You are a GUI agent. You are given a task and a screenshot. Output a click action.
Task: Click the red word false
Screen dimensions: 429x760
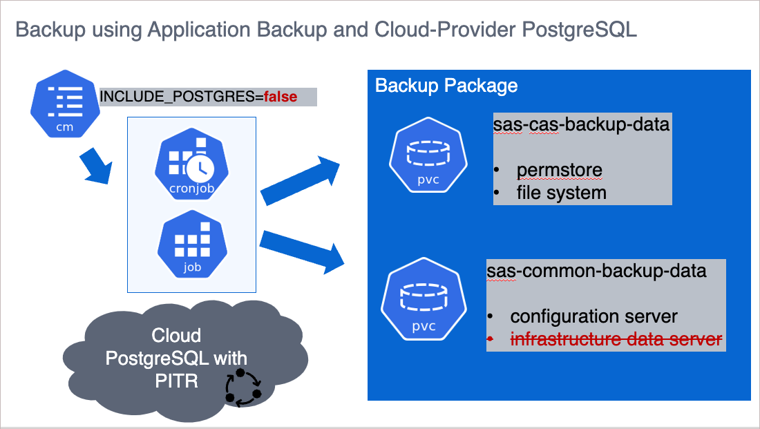click(x=281, y=97)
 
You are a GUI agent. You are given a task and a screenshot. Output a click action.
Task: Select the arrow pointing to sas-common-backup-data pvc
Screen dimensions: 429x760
click(x=303, y=250)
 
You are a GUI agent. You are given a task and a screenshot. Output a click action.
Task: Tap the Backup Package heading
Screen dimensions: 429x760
click(x=446, y=86)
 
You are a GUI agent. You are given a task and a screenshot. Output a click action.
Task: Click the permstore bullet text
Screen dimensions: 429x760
click(x=559, y=170)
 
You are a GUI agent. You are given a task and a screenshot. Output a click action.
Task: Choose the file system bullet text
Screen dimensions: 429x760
click(x=561, y=193)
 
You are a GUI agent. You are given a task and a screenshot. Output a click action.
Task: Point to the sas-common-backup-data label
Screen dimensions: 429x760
click(x=596, y=271)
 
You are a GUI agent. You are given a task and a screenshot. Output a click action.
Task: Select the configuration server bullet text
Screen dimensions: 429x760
click(x=593, y=316)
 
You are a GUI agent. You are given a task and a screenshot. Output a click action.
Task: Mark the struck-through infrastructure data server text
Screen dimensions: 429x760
click(x=616, y=339)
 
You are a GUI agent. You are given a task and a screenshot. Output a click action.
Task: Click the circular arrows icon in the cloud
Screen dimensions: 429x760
click(x=243, y=387)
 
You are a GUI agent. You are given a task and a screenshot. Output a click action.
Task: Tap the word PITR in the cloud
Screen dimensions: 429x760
click(x=177, y=379)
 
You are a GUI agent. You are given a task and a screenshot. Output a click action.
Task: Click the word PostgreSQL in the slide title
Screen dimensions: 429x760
click(x=579, y=30)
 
